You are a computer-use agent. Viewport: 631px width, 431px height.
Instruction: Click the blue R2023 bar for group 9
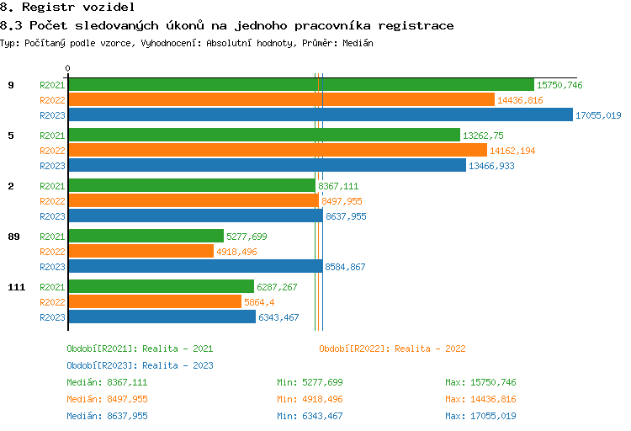[x=320, y=115]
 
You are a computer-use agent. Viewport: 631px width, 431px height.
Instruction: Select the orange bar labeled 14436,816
[x=281, y=100]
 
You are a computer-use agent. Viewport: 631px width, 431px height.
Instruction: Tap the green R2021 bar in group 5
[x=264, y=136]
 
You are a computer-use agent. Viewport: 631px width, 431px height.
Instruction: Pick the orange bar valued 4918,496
[x=141, y=252]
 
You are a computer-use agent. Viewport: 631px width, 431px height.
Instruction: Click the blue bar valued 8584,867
[x=195, y=267]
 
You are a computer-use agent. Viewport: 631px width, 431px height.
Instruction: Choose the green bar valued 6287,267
[x=161, y=287]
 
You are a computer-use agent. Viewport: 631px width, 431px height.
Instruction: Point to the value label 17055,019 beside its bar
[x=598, y=115]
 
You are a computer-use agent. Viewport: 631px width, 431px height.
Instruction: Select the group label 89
[x=13, y=237]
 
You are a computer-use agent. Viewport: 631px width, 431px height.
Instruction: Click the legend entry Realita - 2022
[x=392, y=349]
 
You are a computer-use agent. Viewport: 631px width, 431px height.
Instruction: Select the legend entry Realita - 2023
[x=140, y=365]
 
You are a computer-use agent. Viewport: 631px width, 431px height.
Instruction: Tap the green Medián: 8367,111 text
[x=108, y=382]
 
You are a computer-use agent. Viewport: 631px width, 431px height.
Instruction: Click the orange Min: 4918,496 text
[x=310, y=399]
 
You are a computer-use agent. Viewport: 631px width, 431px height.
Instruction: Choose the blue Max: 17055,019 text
[x=480, y=416]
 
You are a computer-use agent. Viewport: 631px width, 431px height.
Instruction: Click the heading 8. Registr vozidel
[x=67, y=8]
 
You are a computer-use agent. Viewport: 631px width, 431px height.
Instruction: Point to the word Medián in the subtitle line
[x=358, y=42]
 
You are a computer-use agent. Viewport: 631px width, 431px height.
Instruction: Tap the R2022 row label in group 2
[x=52, y=201]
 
